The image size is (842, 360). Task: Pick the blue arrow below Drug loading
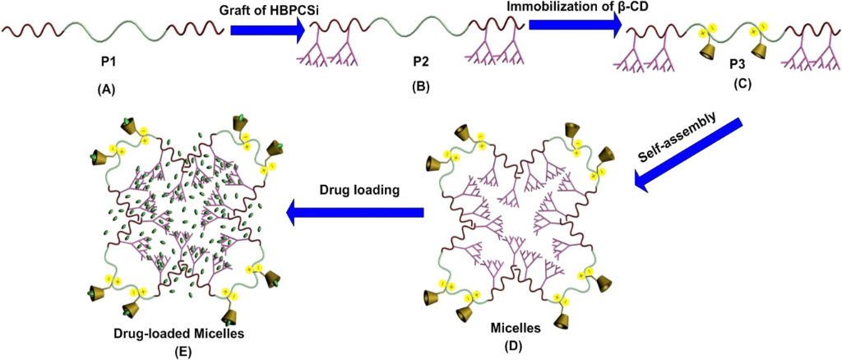[354, 214]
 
